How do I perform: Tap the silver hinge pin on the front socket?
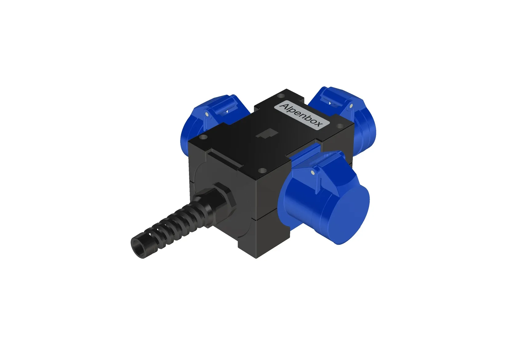click(314, 173)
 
